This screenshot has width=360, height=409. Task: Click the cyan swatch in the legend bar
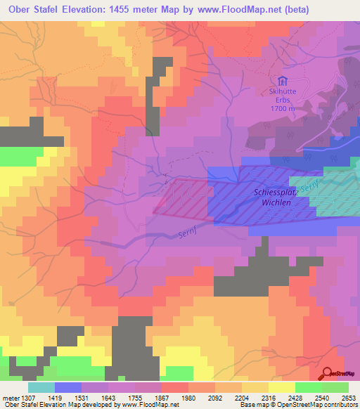[x=41, y=387]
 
